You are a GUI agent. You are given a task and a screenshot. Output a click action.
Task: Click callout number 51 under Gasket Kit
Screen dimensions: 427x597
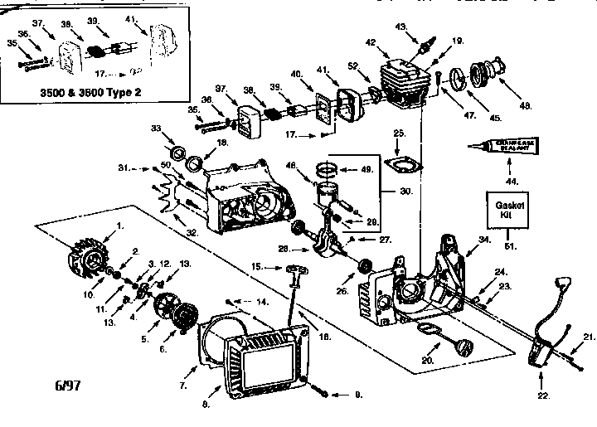[507, 244]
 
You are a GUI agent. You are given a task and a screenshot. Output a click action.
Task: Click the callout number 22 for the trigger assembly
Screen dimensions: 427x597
[544, 396]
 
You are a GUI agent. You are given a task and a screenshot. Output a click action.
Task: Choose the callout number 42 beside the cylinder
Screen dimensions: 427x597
[370, 42]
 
